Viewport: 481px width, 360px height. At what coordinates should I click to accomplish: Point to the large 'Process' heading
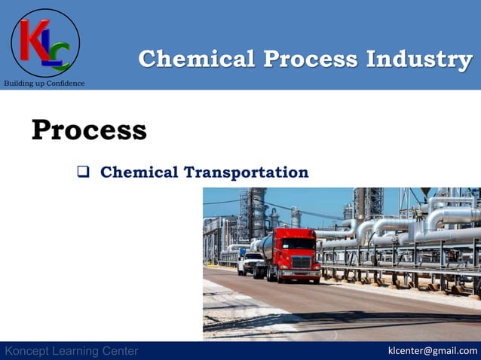(89, 130)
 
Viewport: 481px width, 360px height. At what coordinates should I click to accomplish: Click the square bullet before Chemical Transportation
(84, 172)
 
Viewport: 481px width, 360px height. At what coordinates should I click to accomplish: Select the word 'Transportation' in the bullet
(247, 172)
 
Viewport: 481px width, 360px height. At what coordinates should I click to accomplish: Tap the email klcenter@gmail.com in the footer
(432, 350)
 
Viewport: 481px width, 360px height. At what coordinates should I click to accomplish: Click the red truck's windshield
(299, 243)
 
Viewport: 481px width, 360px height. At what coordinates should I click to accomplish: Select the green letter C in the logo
(61, 55)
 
